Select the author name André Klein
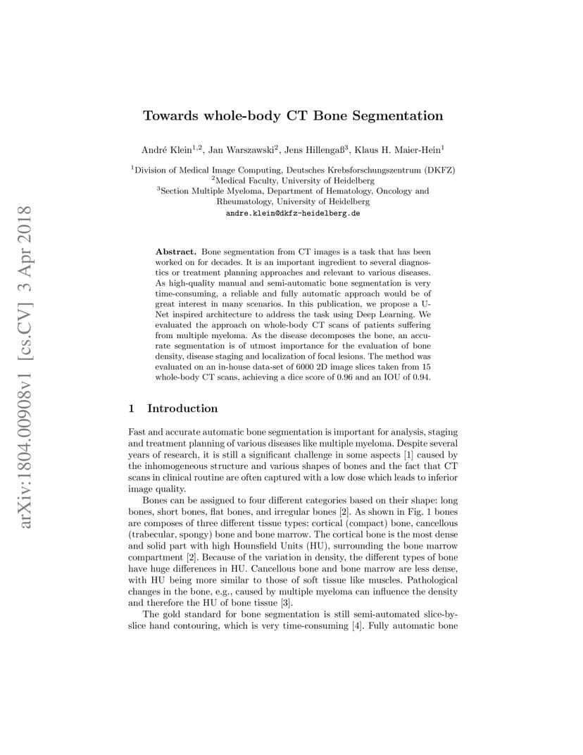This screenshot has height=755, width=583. pyautogui.click(x=161, y=149)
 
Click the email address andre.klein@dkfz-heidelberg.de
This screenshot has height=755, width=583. pyautogui.click(x=293, y=213)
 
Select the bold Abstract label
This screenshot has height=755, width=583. pyautogui.click(x=177, y=251)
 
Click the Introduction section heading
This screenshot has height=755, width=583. pyautogui.click(x=182, y=408)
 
